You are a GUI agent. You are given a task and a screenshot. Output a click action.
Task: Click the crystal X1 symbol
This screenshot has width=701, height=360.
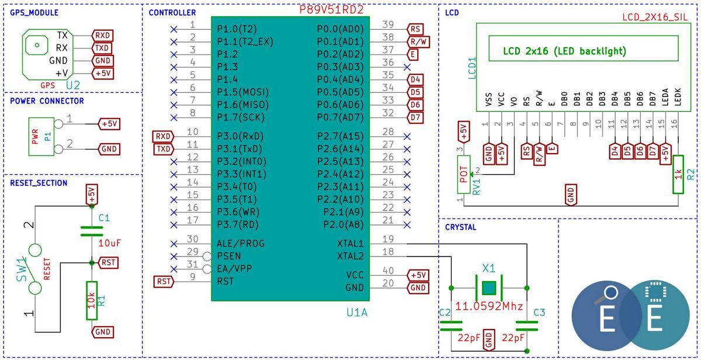click(489, 288)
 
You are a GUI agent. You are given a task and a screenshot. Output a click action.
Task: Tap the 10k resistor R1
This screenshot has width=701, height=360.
click(92, 300)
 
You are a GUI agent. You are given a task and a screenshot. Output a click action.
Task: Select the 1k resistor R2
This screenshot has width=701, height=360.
click(678, 174)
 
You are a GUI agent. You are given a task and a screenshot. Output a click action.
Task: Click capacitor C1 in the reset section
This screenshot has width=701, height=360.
click(92, 231)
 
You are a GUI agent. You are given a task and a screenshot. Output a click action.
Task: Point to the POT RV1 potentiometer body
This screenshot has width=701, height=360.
click(464, 174)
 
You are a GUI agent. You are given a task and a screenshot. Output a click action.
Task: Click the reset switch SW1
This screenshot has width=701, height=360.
click(35, 269)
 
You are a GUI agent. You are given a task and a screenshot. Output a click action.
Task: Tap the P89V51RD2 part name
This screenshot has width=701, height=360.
click(331, 10)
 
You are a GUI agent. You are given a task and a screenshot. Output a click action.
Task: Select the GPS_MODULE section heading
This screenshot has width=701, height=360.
click(34, 13)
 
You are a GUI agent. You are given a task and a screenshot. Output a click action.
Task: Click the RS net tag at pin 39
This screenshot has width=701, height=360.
click(415, 29)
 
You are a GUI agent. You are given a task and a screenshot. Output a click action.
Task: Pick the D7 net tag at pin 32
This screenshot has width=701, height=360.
click(415, 117)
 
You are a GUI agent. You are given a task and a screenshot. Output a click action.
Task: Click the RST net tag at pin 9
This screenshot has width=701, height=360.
click(164, 282)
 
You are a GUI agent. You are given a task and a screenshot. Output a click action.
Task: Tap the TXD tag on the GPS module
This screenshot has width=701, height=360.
click(102, 48)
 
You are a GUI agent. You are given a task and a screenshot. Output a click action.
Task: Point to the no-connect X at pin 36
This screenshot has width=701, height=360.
click(407, 67)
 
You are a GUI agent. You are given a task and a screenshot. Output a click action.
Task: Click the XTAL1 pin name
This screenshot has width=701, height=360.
click(350, 244)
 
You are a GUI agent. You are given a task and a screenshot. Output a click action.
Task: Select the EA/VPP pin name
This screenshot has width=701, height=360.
click(234, 269)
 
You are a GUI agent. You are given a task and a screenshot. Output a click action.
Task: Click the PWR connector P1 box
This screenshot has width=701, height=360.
click(41, 137)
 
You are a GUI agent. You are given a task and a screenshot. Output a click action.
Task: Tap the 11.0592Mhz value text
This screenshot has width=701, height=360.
click(489, 306)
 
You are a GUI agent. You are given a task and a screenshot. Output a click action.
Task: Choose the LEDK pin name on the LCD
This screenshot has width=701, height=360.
click(678, 97)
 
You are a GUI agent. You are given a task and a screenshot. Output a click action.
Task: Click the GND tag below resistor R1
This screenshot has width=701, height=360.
click(102, 332)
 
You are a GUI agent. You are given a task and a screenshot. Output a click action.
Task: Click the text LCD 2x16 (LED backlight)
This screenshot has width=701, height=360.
click(564, 51)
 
